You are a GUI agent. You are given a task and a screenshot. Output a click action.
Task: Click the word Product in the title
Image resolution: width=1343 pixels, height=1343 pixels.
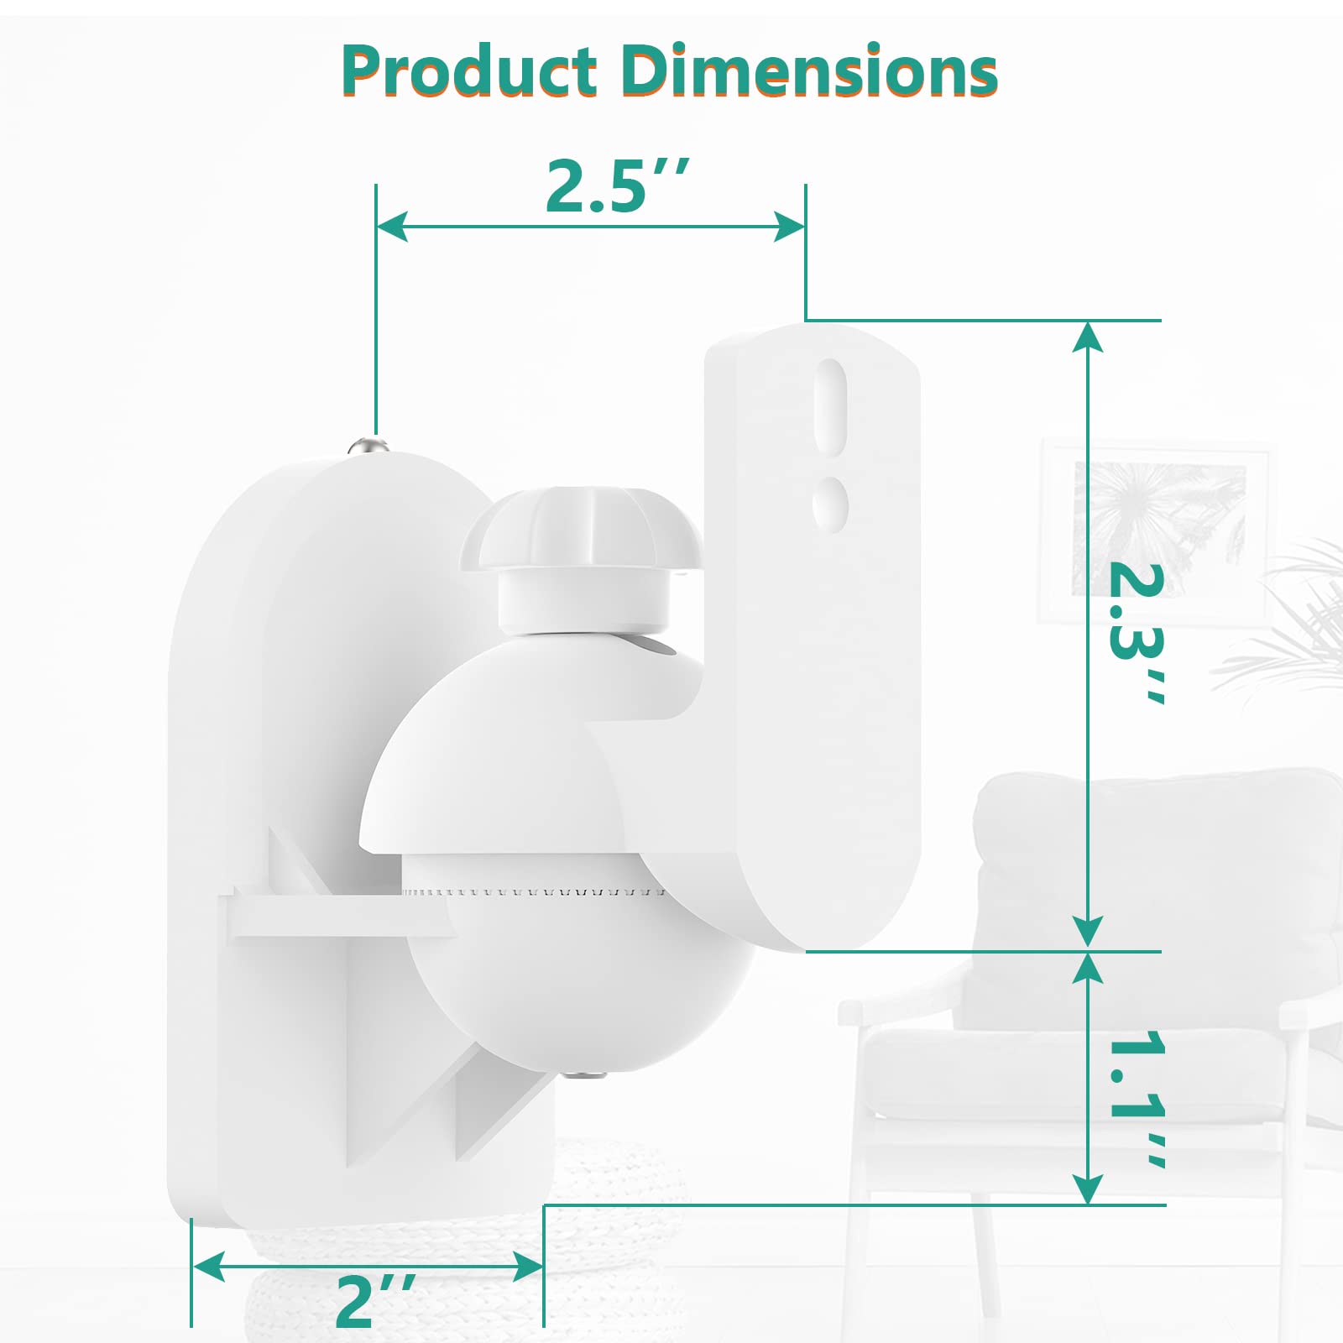coord(469,71)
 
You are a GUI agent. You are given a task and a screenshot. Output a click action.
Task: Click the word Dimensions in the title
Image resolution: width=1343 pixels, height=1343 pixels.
coord(811,71)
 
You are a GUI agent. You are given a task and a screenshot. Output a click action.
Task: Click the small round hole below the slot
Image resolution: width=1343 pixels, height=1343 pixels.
coord(830,504)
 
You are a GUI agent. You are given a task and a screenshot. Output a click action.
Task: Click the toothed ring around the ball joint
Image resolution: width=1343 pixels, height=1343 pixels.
coord(537,891)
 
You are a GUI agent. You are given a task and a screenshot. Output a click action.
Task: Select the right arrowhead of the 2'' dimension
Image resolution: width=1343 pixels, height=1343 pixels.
coord(527,1267)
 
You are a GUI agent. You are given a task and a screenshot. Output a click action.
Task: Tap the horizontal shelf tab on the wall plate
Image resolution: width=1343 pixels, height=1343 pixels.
coord(336,917)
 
